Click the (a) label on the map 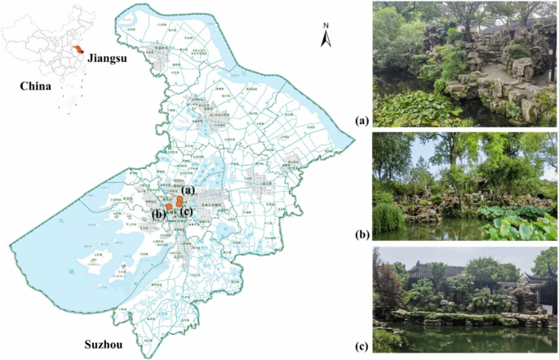[x=189, y=190]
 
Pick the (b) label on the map [x=157, y=215]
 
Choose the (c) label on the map [x=187, y=213]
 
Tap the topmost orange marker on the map [x=180, y=198]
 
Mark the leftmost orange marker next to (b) [x=168, y=207]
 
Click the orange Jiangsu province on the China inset [x=78, y=50]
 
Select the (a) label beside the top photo [x=362, y=121]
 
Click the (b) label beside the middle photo [x=362, y=233]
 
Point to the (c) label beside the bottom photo [x=362, y=346]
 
